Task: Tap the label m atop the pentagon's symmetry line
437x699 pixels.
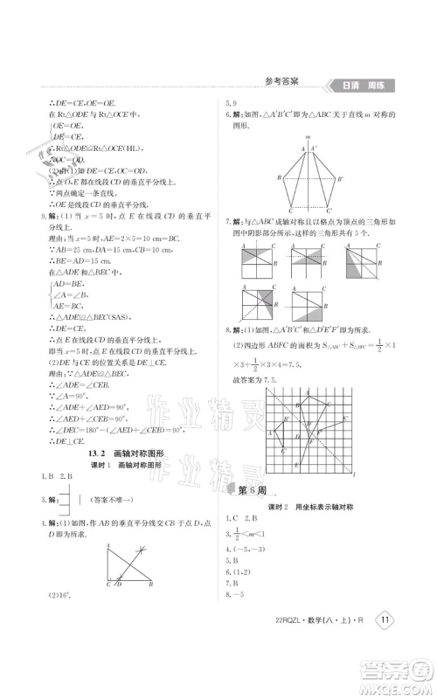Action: tap(309, 137)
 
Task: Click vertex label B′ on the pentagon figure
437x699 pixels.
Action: tap(341, 179)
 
